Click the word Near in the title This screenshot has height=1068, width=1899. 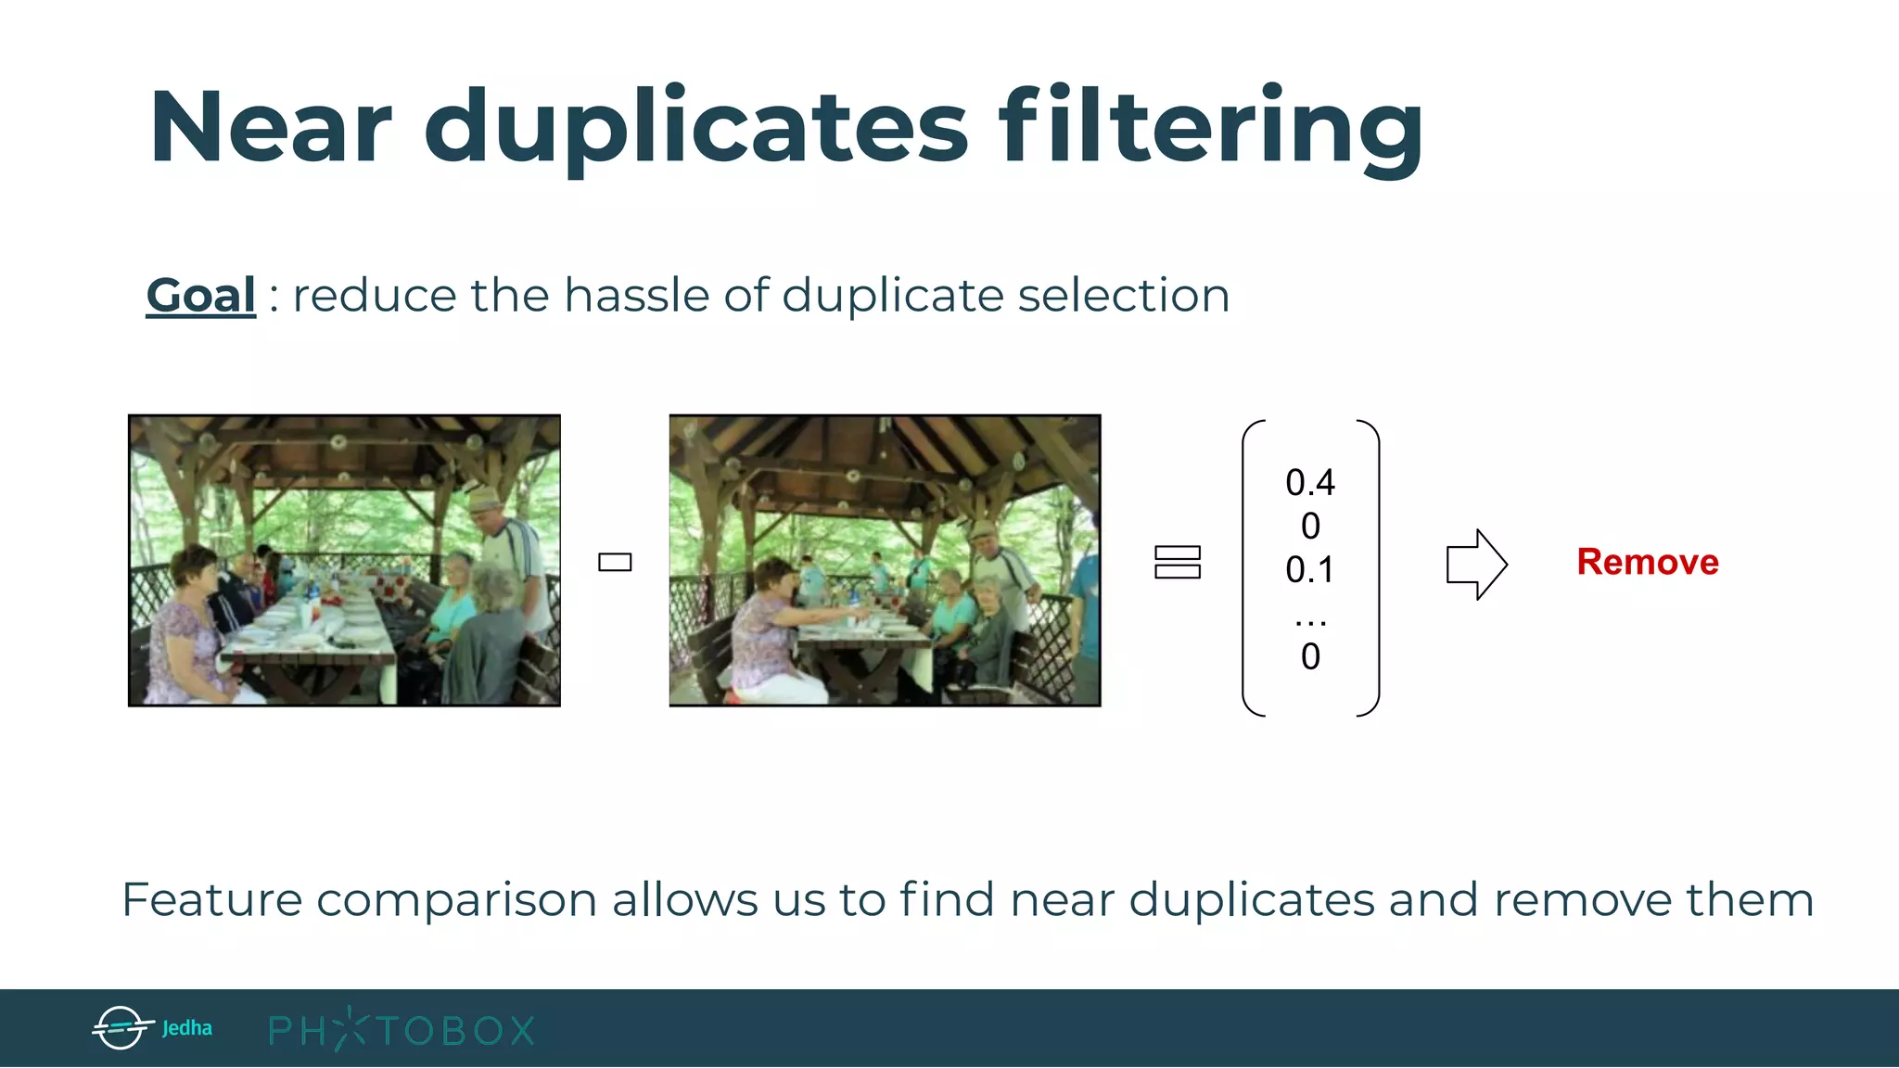270,127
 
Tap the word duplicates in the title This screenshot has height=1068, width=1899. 696,127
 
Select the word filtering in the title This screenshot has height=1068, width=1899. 1210,127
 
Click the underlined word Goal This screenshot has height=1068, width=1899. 200,296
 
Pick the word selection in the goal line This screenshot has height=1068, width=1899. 1123,296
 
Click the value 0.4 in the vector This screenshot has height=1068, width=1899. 1309,482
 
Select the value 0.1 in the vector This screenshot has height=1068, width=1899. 1309,569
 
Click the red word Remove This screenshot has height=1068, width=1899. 1648,562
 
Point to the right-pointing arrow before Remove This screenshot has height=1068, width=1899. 1476,564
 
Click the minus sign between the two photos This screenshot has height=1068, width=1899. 615,562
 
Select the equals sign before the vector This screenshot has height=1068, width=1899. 1178,562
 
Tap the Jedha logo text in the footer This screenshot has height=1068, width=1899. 187,1028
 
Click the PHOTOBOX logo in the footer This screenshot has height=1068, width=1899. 401,1030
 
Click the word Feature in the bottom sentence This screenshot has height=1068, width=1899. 212,899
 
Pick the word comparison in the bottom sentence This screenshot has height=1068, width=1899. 456,899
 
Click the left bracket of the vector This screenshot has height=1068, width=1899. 1252,567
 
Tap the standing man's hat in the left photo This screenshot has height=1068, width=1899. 483,498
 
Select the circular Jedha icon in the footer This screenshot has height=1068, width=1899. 121,1027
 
